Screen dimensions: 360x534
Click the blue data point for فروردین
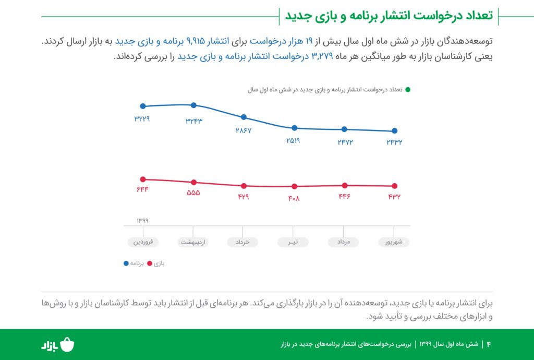click(x=143, y=106)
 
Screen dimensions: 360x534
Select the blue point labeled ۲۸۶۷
click(x=244, y=117)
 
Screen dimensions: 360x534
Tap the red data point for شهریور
click(x=394, y=186)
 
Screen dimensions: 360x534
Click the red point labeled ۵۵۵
click(x=193, y=182)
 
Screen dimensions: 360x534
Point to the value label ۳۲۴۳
click(x=193, y=121)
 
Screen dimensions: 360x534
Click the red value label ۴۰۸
click(x=294, y=198)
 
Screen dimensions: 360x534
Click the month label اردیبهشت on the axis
click(x=193, y=242)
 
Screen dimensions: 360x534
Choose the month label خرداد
click(x=242, y=242)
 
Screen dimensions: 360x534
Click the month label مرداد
click(x=344, y=242)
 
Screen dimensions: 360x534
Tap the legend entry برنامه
click(x=133, y=263)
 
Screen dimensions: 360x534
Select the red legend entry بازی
click(x=156, y=263)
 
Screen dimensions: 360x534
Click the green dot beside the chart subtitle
click(x=408, y=90)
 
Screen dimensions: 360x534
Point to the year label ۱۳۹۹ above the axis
click(x=142, y=221)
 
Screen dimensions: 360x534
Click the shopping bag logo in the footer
click(x=68, y=345)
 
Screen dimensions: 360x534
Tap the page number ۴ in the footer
click(x=489, y=344)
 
